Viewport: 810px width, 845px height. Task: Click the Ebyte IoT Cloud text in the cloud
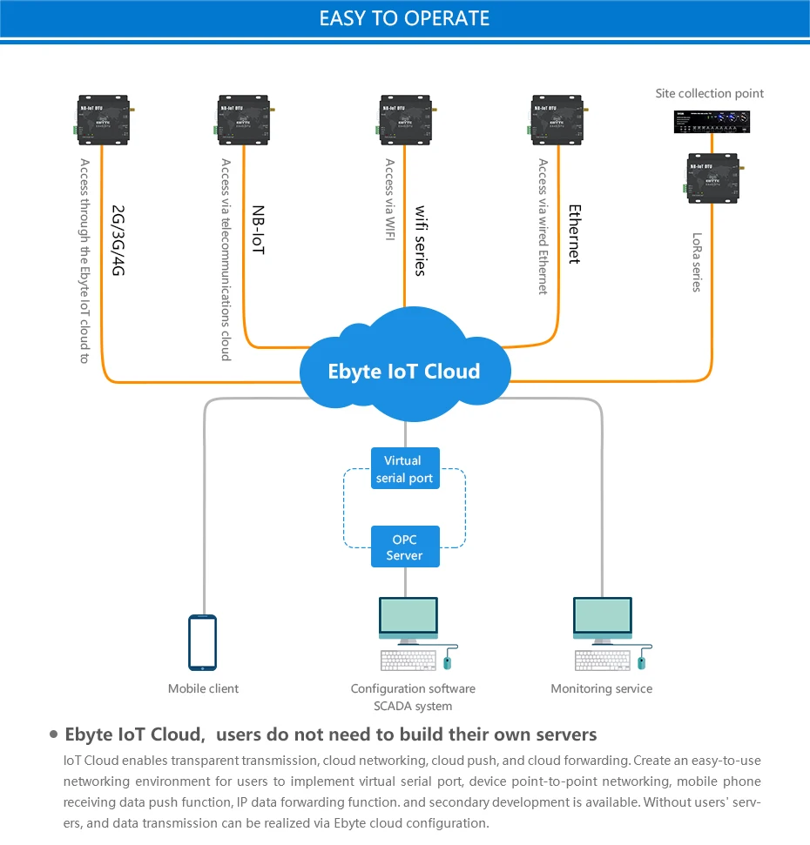point(404,372)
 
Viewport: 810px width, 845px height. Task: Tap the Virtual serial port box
point(405,468)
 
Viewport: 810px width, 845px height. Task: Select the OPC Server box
point(405,547)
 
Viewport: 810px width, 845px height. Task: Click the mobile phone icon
point(203,642)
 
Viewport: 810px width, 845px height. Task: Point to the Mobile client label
point(203,688)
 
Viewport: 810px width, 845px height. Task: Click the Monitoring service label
point(601,688)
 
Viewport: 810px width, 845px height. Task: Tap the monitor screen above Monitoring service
point(603,615)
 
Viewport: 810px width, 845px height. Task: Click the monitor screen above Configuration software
point(408,615)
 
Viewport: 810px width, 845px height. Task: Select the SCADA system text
point(413,706)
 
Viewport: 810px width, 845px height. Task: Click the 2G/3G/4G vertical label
point(118,240)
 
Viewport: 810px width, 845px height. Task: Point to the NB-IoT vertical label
point(259,230)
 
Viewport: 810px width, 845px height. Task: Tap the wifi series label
point(421,240)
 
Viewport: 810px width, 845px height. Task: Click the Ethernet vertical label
point(575,234)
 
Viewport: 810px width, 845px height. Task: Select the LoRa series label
point(697,262)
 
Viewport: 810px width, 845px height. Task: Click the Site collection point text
point(709,93)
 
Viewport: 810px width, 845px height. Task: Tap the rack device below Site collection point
point(712,121)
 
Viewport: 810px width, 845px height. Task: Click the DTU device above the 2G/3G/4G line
point(103,119)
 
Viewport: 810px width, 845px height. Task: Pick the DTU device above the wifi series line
point(405,119)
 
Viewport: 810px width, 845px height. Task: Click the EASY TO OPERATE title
point(404,18)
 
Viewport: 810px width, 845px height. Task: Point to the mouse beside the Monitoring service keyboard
point(642,661)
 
